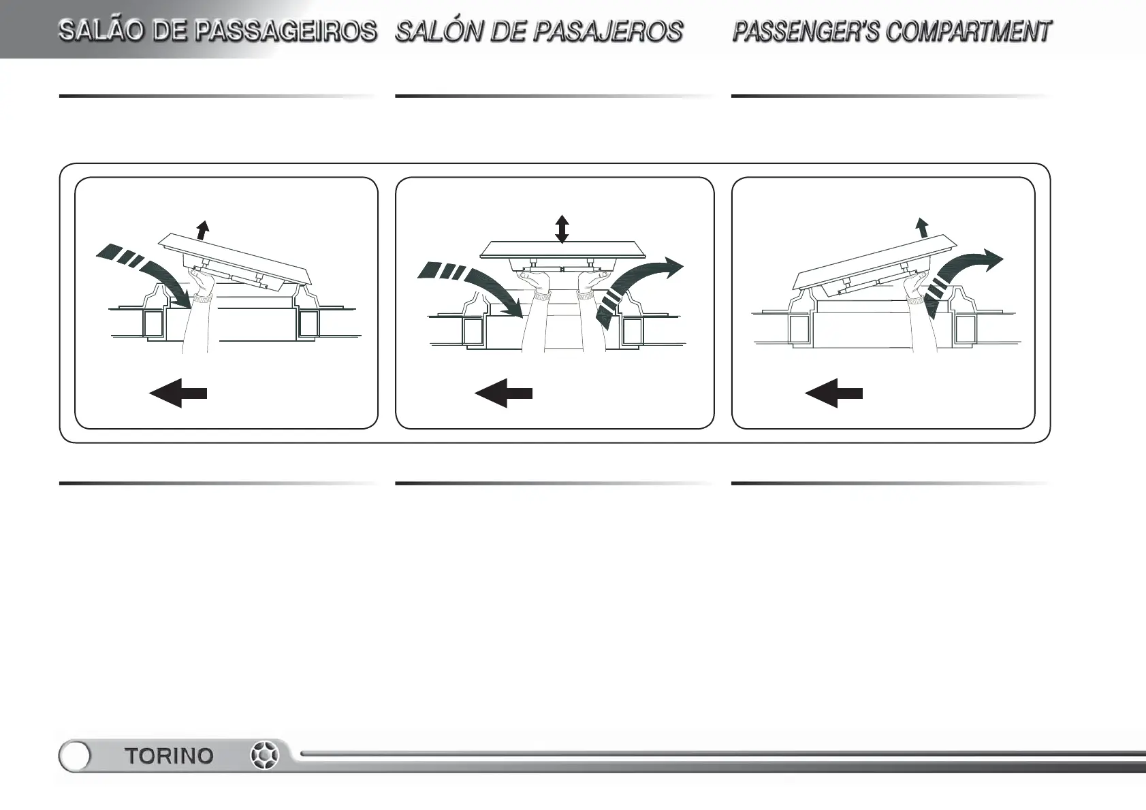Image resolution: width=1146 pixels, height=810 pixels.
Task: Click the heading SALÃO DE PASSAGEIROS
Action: pyautogui.click(x=217, y=31)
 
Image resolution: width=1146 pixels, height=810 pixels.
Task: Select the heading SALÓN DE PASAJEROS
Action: pyautogui.click(x=539, y=31)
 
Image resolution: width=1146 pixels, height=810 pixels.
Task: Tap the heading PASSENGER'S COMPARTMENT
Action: pyautogui.click(x=891, y=31)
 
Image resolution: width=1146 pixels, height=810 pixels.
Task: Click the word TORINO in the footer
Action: pyautogui.click(x=169, y=756)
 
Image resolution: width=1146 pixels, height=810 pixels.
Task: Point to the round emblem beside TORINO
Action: pyautogui.click(x=265, y=756)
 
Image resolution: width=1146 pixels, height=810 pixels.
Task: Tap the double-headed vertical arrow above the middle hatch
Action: pyautogui.click(x=562, y=229)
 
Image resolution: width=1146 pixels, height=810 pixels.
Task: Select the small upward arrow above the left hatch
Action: pyautogui.click(x=202, y=229)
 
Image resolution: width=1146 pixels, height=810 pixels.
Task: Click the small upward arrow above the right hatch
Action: pyautogui.click(x=922, y=227)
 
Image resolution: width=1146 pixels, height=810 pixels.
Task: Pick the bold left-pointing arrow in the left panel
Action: pyautogui.click(x=178, y=393)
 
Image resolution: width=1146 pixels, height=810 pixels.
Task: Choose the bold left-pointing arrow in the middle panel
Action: pyautogui.click(x=503, y=393)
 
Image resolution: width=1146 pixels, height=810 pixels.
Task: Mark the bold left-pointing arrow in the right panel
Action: pyautogui.click(x=833, y=393)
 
